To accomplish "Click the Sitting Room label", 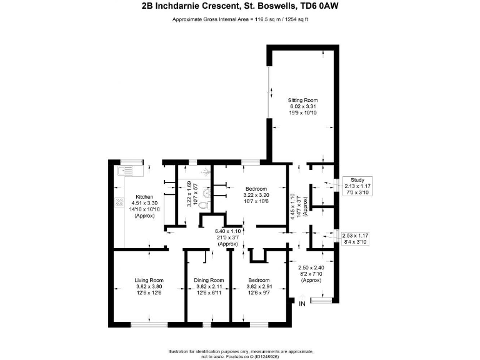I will click(x=303, y=100).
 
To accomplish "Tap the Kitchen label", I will click(x=144, y=197).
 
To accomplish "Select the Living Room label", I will click(x=149, y=280).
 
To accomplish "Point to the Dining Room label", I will click(x=208, y=280).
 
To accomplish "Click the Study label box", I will click(x=357, y=180).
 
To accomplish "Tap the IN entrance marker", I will click(x=302, y=304).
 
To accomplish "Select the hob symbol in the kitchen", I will click(x=119, y=203).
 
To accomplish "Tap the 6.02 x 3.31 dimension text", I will click(x=303, y=106).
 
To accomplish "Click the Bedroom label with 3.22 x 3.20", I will click(x=256, y=189).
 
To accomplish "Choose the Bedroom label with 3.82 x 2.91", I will click(x=258, y=280).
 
